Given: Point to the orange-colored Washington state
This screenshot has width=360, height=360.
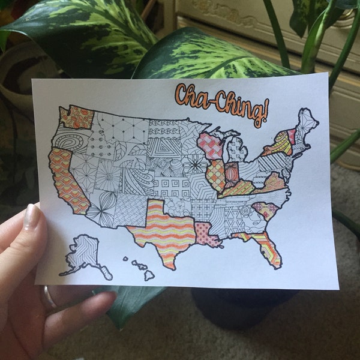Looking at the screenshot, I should pyautogui.click(x=77, y=117).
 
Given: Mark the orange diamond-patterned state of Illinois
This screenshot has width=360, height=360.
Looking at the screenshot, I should pyautogui.click(x=216, y=175).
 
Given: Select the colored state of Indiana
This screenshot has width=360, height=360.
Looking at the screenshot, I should pyautogui.click(x=231, y=173).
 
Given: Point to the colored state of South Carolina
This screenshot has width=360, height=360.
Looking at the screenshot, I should pyautogui.click(x=264, y=210).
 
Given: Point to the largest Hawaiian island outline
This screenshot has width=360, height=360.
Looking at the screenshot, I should pyautogui.click(x=148, y=275).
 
